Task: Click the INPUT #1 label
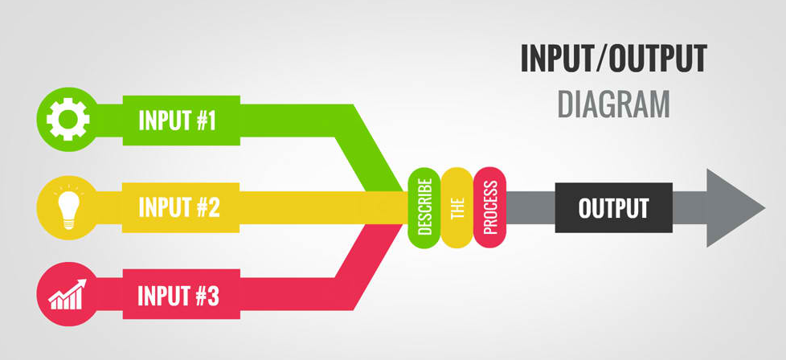tap(178, 121)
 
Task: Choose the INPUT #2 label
tap(179, 207)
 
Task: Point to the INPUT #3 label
tap(178, 296)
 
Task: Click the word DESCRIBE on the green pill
tap(424, 207)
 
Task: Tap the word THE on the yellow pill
tap(456, 207)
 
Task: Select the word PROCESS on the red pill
tap(489, 207)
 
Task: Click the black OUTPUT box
tap(613, 208)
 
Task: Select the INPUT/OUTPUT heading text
tap(613, 59)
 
